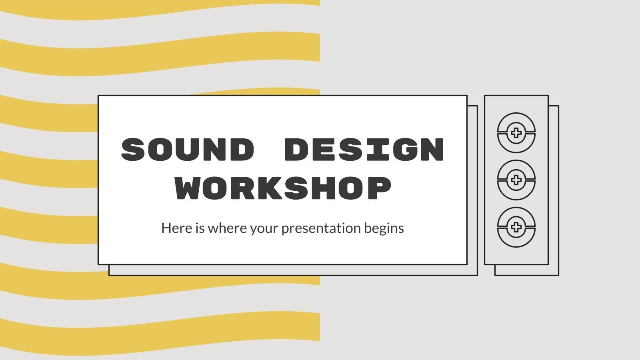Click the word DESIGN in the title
tap(364, 150)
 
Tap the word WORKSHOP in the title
tap(283, 188)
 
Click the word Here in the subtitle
tap(174, 228)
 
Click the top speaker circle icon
tap(516, 133)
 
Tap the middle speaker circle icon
tap(516, 180)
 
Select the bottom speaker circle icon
tap(516, 227)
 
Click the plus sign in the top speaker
tap(516, 133)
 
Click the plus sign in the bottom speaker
tap(516, 227)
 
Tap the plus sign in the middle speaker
tap(516, 180)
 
